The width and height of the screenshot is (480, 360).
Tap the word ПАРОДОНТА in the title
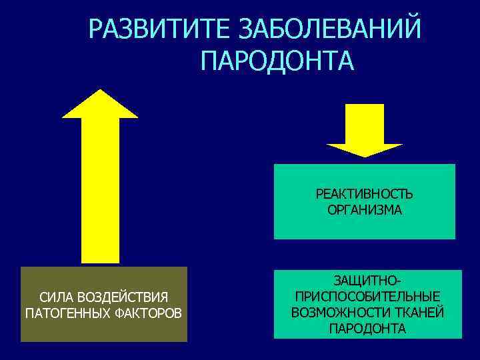click(277, 61)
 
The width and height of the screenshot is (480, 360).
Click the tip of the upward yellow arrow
click(100, 93)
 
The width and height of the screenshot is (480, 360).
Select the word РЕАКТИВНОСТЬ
click(364, 194)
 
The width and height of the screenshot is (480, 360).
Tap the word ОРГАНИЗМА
click(364, 210)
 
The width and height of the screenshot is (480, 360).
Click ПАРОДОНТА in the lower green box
click(367, 329)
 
